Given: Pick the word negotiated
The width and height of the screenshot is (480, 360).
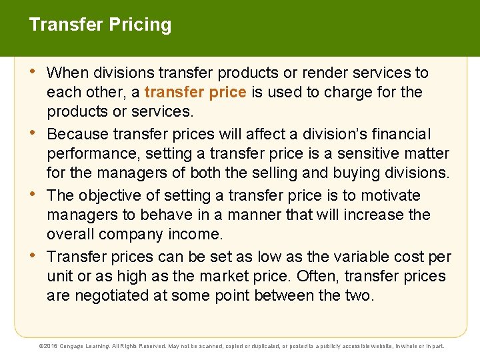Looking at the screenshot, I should pos(113,295).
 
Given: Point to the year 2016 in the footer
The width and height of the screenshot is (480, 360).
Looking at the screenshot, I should pos(51,347).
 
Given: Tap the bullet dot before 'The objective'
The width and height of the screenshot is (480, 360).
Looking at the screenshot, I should pos(35,194).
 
